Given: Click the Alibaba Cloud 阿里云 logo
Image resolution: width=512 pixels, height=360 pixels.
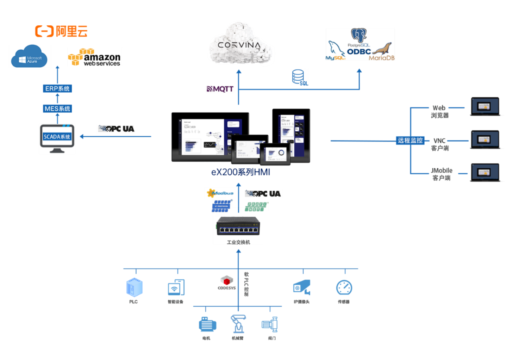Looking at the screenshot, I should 61,31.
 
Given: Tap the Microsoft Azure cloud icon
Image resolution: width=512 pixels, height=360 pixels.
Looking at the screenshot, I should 29,57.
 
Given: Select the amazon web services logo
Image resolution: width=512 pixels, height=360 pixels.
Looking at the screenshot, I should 94,58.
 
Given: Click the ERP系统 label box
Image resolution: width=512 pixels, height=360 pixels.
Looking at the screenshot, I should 57,89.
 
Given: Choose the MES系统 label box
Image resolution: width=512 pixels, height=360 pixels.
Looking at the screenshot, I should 57,109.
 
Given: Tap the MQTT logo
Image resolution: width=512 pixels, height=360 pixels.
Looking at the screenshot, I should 220,89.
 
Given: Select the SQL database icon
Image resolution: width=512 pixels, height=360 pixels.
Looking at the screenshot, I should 299,77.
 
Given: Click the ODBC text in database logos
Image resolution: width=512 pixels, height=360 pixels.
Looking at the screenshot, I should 359,51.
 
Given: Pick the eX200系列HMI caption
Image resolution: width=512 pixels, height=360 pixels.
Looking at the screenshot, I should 241,172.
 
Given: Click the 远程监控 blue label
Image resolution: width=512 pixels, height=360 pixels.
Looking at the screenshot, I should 410,141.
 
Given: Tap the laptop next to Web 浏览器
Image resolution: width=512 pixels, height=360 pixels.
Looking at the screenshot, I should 485,106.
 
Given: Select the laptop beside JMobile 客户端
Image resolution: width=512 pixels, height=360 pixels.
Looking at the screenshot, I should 485,173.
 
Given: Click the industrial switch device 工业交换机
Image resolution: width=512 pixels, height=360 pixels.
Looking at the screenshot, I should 238,226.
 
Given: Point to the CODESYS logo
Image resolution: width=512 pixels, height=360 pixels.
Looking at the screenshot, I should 227,283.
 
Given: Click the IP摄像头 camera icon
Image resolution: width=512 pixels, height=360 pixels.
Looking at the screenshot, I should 302,288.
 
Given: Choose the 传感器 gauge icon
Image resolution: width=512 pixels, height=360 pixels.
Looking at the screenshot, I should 344,288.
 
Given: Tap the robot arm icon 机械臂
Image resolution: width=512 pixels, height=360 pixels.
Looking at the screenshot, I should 238,324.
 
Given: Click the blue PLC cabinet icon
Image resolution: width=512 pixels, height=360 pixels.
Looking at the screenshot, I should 134,287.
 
